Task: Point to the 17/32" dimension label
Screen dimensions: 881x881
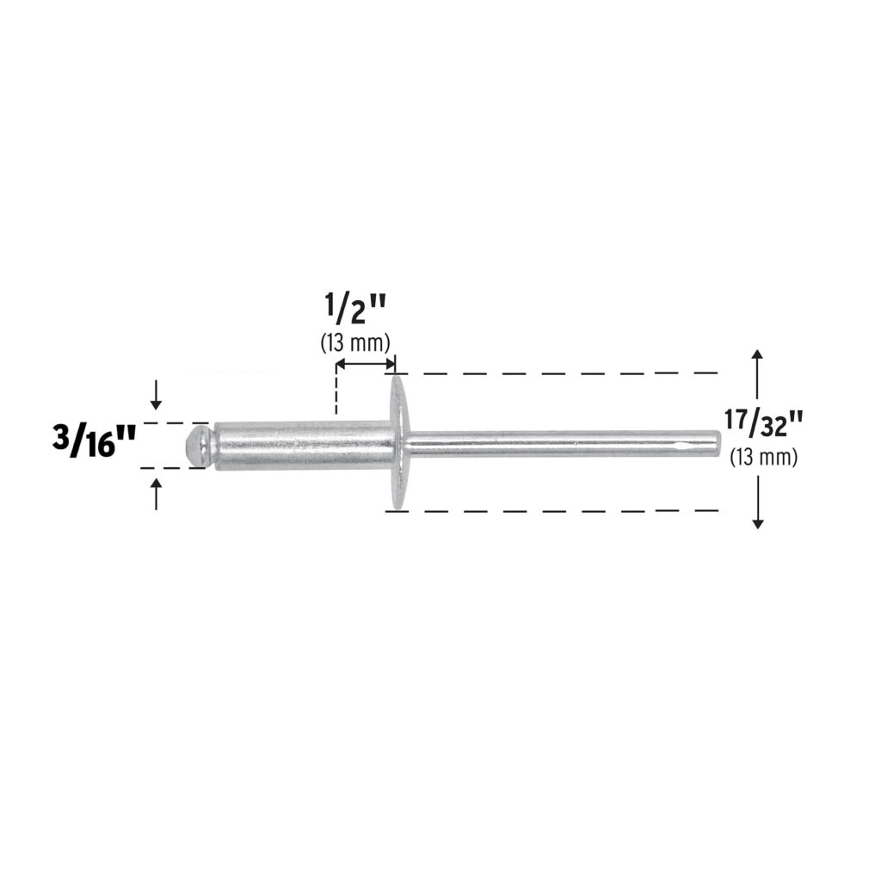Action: tap(763, 424)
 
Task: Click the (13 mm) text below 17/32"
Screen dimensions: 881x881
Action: tap(763, 457)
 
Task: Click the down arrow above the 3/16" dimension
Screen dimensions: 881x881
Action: tap(156, 395)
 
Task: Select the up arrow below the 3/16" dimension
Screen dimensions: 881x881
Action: tap(156, 494)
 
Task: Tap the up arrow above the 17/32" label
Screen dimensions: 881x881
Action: tap(756, 366)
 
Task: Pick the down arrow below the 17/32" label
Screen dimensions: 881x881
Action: tap(756, 514)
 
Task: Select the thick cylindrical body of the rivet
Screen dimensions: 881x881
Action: tap(301, 445)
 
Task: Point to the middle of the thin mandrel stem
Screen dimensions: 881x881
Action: tap(559, 443)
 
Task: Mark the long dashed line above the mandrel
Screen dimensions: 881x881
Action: tap(559, 373)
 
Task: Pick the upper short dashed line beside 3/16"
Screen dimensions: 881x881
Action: tap(172, 423)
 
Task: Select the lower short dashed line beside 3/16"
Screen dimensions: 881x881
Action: tap(172, 468)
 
